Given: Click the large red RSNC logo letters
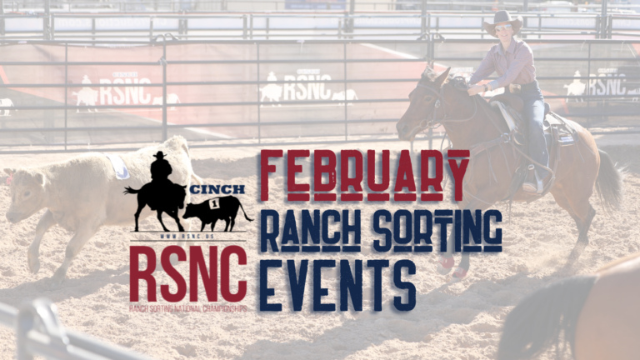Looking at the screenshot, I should tap(187, 274).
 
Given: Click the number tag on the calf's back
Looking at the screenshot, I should tap(118, 167).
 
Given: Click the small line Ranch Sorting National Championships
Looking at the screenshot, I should tap(187, 307).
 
